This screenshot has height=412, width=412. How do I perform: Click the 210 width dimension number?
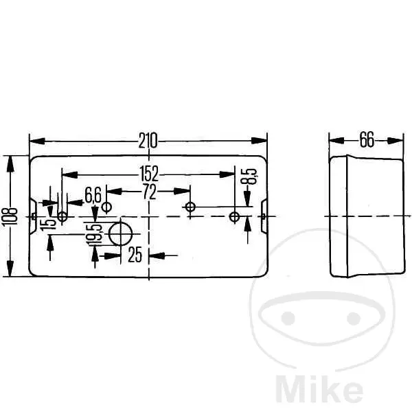click(x=148, y=141)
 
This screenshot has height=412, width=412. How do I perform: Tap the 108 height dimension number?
click(x=10, y=216)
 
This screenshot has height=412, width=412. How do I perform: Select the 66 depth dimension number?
click(x=367, y=139)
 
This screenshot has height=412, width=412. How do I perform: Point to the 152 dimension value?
click(x=149, y=174)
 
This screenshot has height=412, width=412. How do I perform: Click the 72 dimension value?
click(x=149, y=192)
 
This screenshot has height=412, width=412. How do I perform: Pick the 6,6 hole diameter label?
click(x=93, y=195)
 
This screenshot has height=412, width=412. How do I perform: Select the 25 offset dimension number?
click(x=135, y=254)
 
